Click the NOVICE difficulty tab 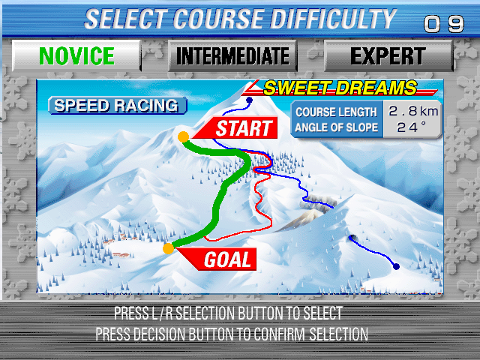76,56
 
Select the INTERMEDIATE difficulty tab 232,56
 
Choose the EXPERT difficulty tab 388,56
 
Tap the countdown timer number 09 444,24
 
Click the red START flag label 241,128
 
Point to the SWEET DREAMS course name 339,88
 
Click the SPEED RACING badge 115,106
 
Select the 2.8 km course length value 412,112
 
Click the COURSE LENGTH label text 335,112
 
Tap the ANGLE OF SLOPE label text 335,127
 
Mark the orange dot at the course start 183,136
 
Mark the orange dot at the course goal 169,247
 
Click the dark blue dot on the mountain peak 250,100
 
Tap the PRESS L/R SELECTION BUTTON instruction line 228,313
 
